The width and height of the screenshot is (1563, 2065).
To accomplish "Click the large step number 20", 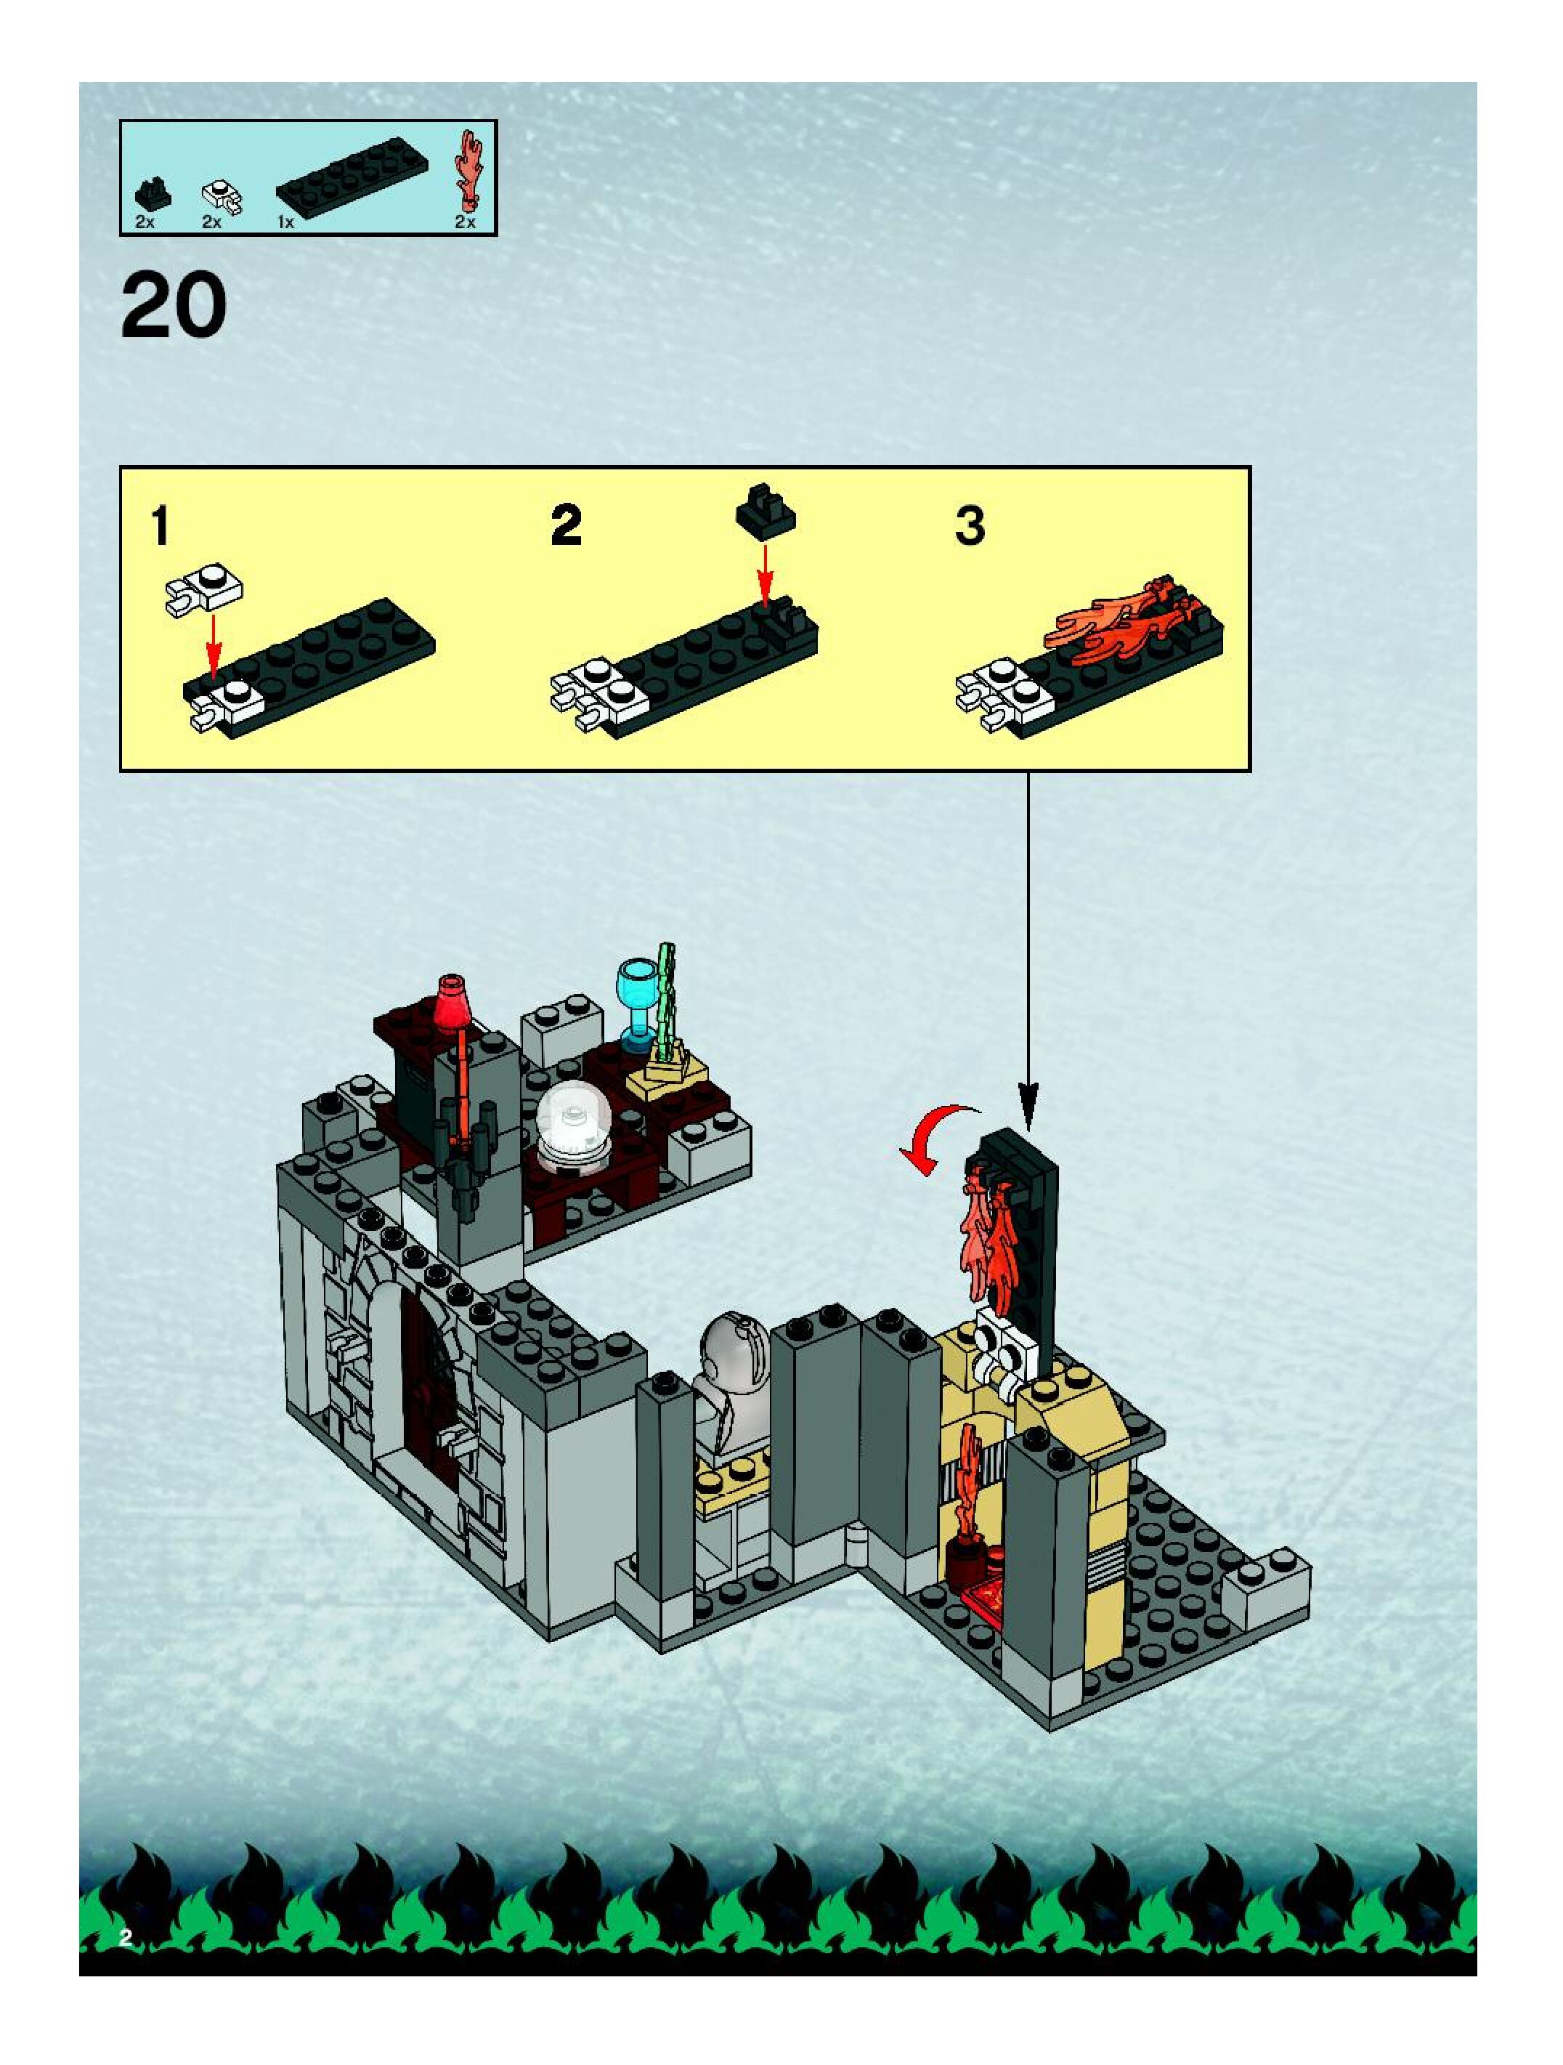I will coord(174,305).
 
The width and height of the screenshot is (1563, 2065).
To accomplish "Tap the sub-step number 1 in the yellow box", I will coord(161,525).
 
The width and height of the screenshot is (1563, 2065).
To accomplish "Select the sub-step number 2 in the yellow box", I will coord(567,525).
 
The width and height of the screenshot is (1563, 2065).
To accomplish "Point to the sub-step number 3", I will coord(970,525).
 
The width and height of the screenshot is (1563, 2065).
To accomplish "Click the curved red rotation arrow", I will coord(938,1139).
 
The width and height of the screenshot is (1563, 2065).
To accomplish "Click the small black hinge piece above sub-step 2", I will coord(766,509).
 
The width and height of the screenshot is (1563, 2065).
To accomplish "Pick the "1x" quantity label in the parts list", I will coord(285,222).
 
